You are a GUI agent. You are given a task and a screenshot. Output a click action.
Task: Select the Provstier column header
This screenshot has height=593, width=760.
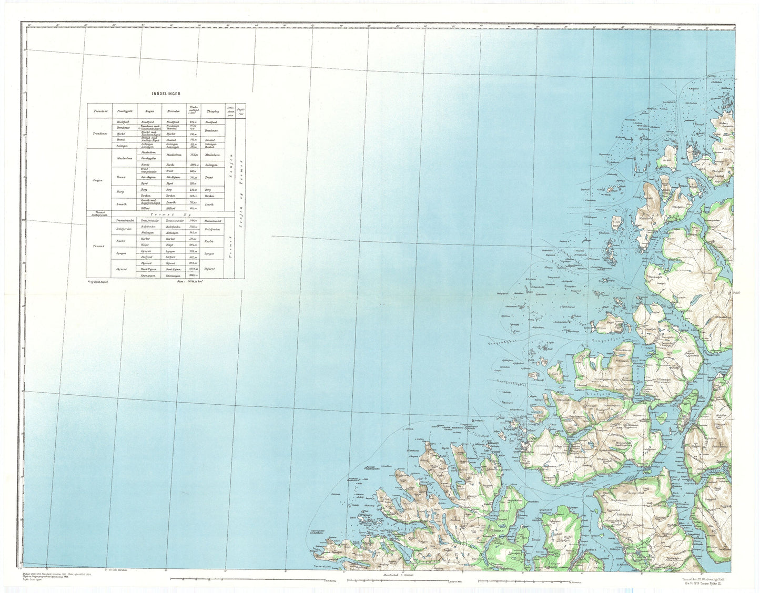click(x=100, y=111)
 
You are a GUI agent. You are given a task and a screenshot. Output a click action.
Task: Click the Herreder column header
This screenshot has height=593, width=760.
click(x=174, y=111)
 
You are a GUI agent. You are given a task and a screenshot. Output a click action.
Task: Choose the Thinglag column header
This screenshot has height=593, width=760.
click(x=212, y=111)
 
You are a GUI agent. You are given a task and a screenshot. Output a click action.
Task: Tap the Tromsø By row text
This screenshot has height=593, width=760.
click(x=166, y=214)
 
